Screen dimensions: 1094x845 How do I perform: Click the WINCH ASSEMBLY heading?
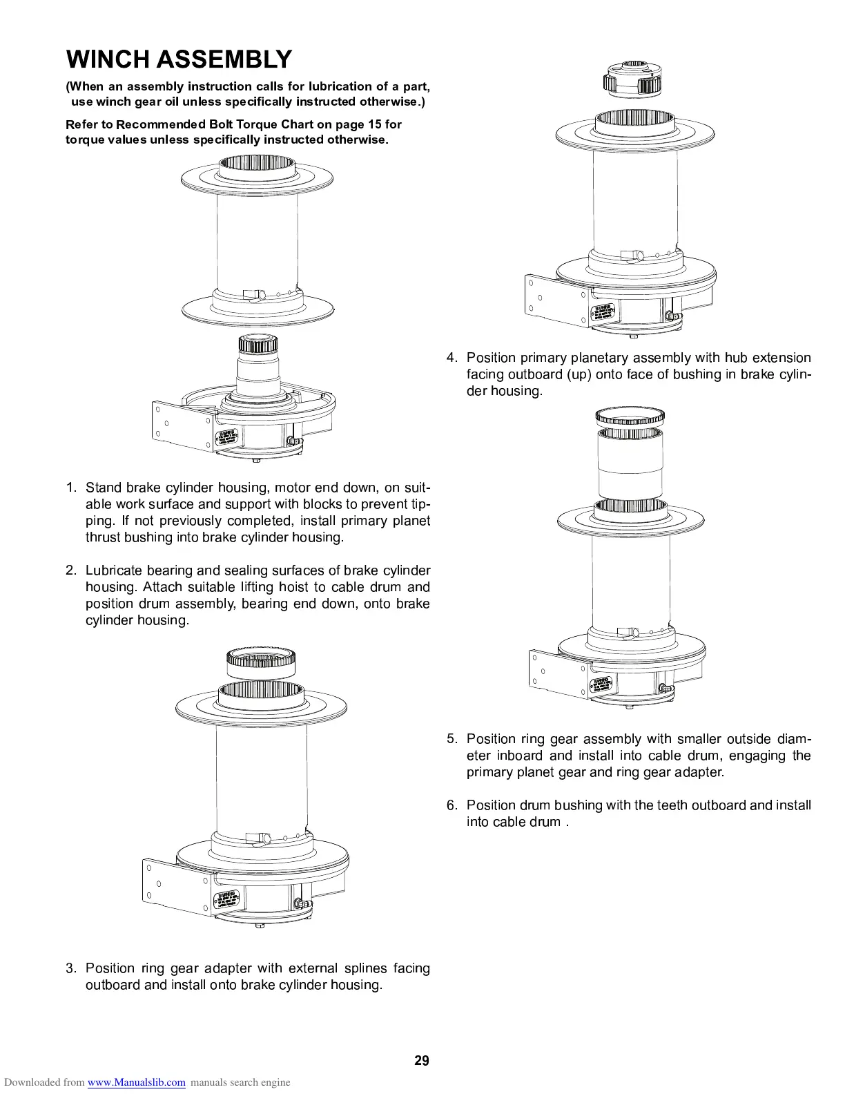tap(179, 59)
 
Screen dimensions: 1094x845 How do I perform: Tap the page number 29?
tap(422, 1061)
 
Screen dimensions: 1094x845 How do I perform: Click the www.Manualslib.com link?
tap(137, 1082)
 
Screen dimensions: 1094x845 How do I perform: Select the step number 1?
tap(71, 488)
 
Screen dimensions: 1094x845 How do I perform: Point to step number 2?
tap(71, 570)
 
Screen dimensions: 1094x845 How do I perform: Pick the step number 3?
tap(71, 968)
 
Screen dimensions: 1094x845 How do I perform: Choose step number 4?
tap(452, 358)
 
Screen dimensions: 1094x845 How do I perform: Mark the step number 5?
tap(452, 739)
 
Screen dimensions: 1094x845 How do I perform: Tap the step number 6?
tap(452, 805)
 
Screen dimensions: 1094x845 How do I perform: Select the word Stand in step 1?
tap(103, 488)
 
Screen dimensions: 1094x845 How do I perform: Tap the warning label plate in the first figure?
tap(226, 439)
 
